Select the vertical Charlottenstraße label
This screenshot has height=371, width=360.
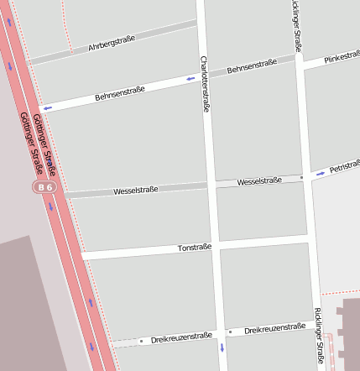point(204,84)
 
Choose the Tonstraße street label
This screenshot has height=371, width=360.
point(195,248)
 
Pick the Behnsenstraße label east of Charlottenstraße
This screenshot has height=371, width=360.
point(252,65)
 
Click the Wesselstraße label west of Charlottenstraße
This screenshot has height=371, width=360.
point(136,191)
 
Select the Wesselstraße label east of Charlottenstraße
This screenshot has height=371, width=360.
point(258,181)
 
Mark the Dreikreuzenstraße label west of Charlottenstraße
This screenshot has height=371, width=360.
point(181,337)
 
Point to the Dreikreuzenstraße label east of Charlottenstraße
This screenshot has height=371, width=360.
point(274,329)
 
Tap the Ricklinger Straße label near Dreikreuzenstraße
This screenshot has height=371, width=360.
point(319,338)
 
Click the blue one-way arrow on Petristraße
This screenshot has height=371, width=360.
point(321,174)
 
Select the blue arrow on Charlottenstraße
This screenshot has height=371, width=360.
point(222,347)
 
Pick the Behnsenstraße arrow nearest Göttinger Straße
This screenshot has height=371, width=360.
point(48,108)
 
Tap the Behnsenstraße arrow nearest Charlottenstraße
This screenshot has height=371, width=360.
point(191,79)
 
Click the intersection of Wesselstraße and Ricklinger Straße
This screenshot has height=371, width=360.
point(307,177)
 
